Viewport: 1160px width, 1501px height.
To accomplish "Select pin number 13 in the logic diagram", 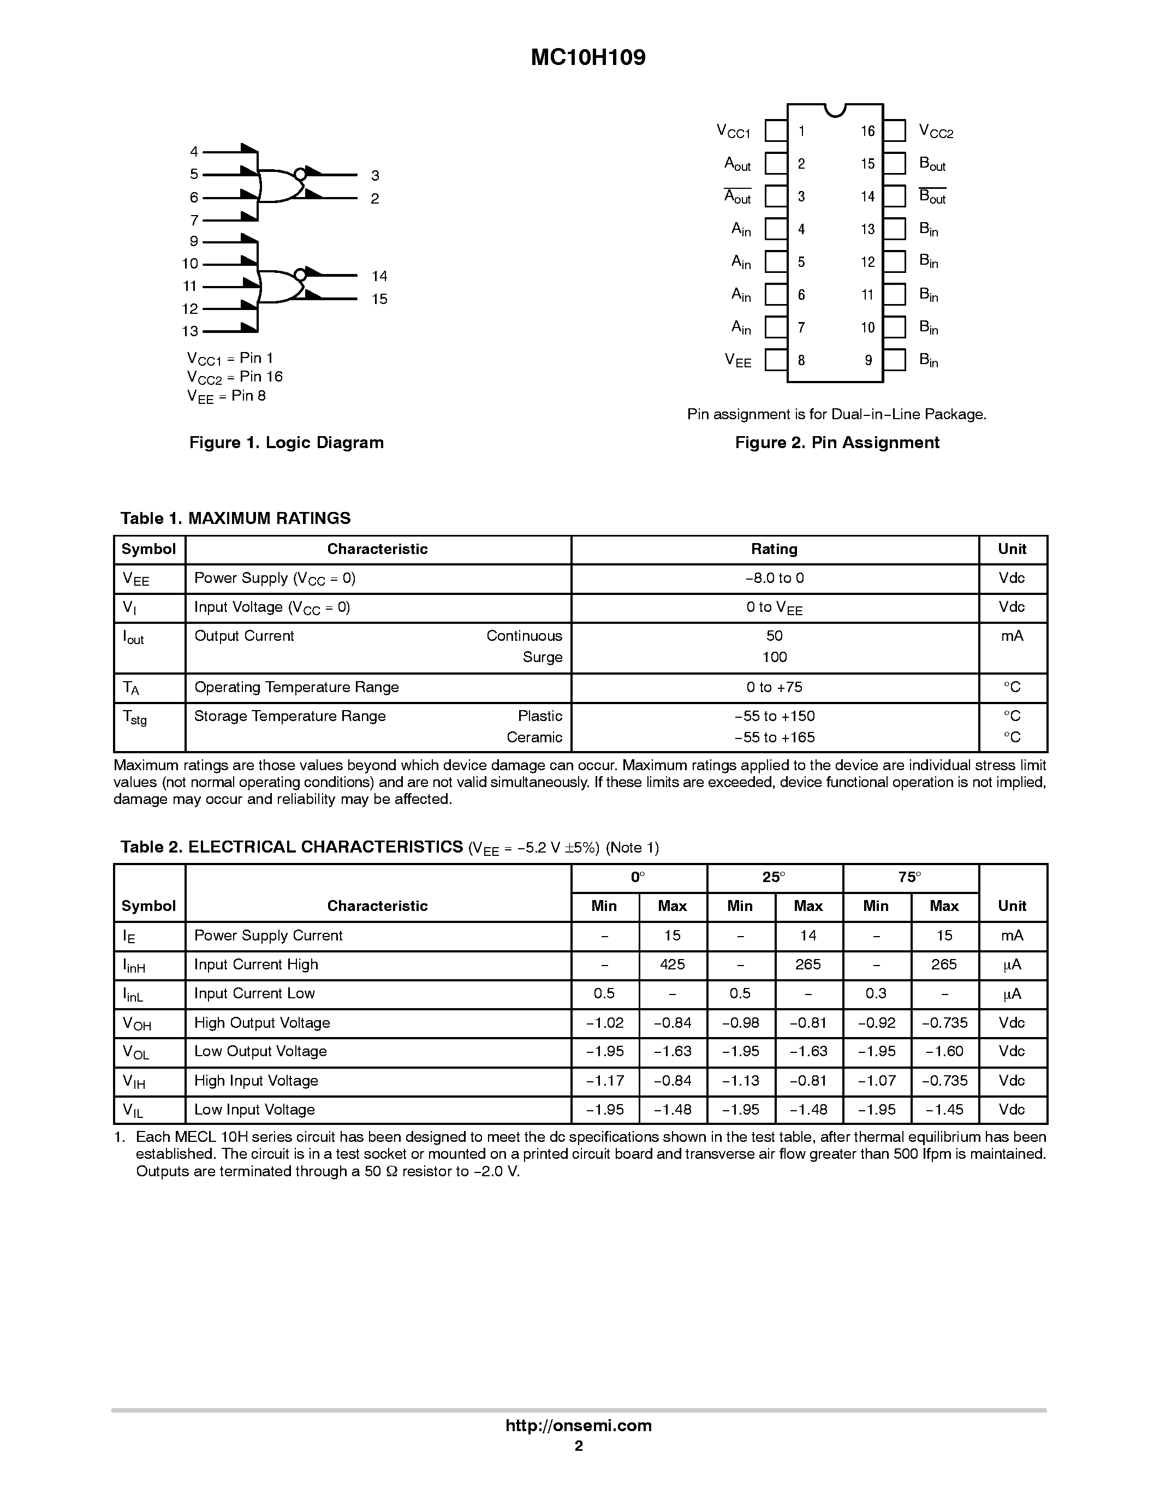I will pos(189,331).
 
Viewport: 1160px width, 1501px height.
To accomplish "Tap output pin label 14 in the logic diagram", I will pos(379,276).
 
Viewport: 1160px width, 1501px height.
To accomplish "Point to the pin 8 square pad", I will pos(776,360).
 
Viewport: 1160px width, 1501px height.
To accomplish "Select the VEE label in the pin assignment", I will pos(738,360).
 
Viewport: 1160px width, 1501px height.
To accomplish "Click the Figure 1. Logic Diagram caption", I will pos(286,443).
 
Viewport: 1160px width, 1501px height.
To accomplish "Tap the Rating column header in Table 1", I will pos(774,549).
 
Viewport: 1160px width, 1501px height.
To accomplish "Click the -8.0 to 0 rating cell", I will pos(774,578).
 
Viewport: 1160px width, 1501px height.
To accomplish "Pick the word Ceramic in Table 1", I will pos(534,737).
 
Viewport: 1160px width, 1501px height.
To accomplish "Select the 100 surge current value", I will pos(774,657).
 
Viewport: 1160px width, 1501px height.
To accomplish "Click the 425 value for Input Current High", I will pos(671,965).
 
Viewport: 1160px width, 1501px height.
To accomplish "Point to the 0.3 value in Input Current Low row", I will pos(876,994).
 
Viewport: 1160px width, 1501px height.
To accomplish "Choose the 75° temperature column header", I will pos(909,878).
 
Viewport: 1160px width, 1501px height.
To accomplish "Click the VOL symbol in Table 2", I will pos(135,1052).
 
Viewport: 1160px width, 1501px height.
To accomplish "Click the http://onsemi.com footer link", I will pos(578,1425).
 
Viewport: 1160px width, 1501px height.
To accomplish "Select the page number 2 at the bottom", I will pos(579,1446).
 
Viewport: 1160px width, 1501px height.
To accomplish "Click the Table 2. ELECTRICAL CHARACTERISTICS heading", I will pos(292,848).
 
